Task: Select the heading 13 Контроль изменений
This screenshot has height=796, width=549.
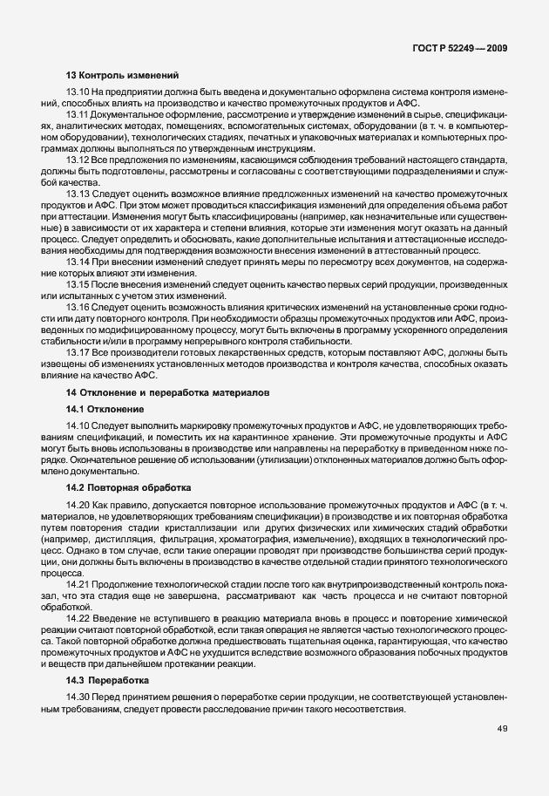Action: (x=122, y=76)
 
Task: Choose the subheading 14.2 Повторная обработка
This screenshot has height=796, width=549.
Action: (x=128, y=487)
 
